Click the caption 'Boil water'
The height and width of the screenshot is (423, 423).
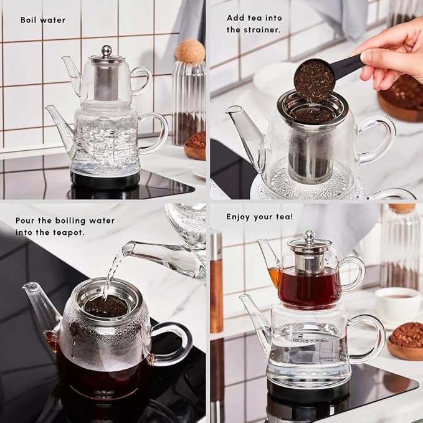point(42,20)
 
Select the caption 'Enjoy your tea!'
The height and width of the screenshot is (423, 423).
point(259,217)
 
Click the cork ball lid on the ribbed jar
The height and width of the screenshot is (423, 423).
point(189,51)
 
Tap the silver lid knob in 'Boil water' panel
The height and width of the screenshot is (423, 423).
point(107,50)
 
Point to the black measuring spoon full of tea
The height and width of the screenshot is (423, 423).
point(315,80)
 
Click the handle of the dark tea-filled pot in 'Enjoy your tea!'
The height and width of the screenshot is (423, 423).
point(354,273)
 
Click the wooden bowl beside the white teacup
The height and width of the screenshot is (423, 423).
point(406,341)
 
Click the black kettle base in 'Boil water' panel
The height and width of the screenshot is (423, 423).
point(105,179)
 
